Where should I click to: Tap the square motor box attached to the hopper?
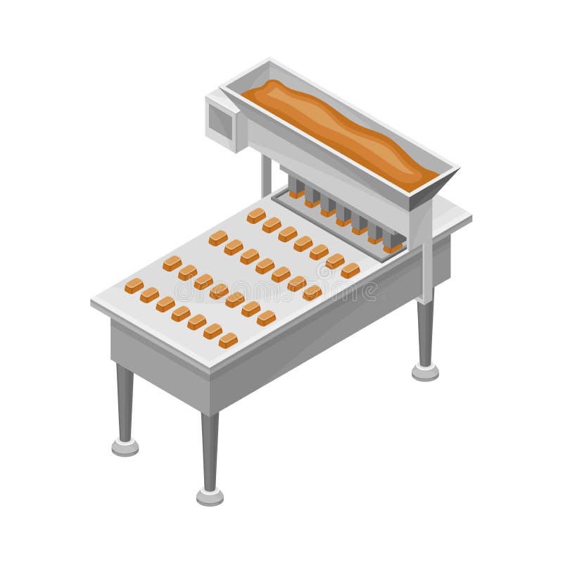(x=224, y=121)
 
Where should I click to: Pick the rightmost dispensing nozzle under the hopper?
(x=393, y=241)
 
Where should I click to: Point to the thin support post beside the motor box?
(x=266, y=176)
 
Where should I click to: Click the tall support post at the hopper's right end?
(x=426, y=260)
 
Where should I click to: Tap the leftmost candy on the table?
(x=134, y=285)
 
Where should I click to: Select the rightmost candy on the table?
(x=350, y=270)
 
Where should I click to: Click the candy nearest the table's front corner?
(x=227, y=341)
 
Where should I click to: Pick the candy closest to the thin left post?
(x=256, y=215)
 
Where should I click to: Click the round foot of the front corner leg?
(x=210, y=496)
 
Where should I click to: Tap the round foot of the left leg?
(x=125, y=446)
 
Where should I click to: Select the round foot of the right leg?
(x=425, y=372)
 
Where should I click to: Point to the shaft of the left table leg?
(x=125, y=401)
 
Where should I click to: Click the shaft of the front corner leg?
(x=210, y=450)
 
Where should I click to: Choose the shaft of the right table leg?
(x=425, y=331)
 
